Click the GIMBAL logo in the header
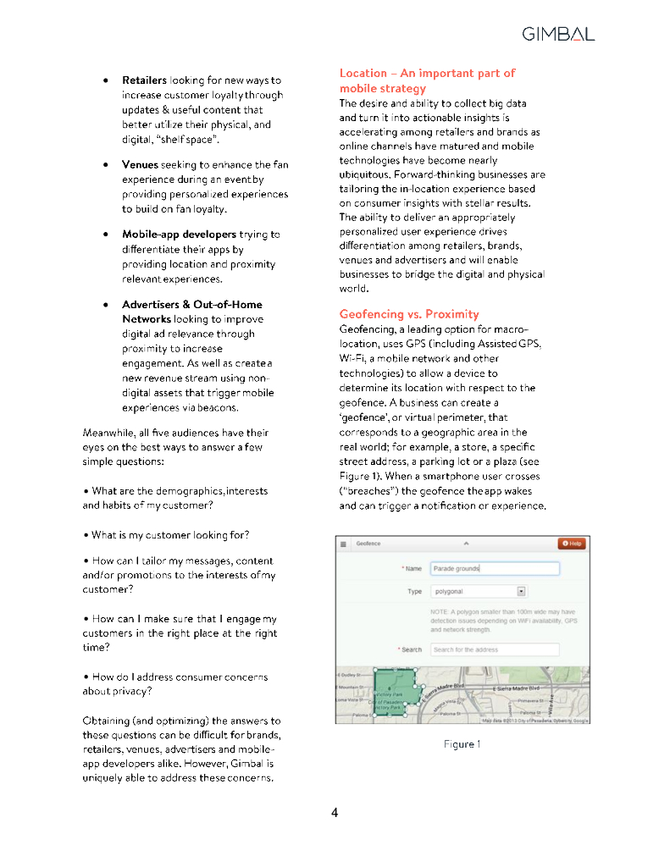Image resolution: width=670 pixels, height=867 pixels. [x=558, y=34]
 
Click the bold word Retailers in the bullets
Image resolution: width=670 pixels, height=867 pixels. [x=144, y=80]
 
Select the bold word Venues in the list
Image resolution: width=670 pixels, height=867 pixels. [x=141, y=164]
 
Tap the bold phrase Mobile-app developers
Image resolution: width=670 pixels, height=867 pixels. [x=179, y=235]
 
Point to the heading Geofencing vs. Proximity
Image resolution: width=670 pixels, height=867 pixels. [x=409, y=314]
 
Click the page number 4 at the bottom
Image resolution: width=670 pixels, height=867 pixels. [x=335, y=814]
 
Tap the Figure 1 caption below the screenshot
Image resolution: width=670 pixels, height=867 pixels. [x=462, y=744]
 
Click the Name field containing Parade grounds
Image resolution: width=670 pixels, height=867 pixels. [x=494, y=569]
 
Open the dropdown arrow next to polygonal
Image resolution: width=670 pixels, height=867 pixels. [x=522, y=592]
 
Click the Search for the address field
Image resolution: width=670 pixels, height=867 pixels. [x=494, y=649]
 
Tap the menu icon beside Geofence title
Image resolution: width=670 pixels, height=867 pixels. [x=344, y=544]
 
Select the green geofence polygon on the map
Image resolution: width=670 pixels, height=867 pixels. [x=393, y=692]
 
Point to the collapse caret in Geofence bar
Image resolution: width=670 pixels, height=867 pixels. [x=465, y=544]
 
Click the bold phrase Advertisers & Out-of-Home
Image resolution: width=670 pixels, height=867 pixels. [x=192, y=305]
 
